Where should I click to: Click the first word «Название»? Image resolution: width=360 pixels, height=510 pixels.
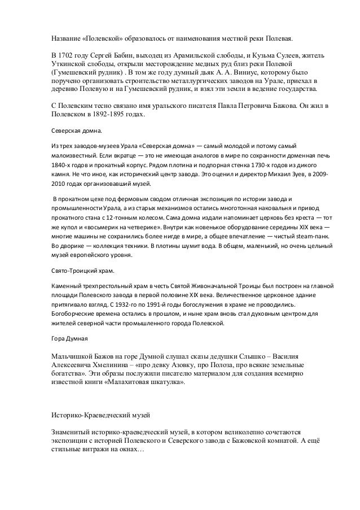pyautogui.click(x=63, y=41)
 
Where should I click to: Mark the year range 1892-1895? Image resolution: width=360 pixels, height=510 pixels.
pyautogui.click(x=101, y=114)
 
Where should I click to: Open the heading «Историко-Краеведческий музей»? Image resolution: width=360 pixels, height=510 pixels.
pyautogui.click(x=100, y=416)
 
